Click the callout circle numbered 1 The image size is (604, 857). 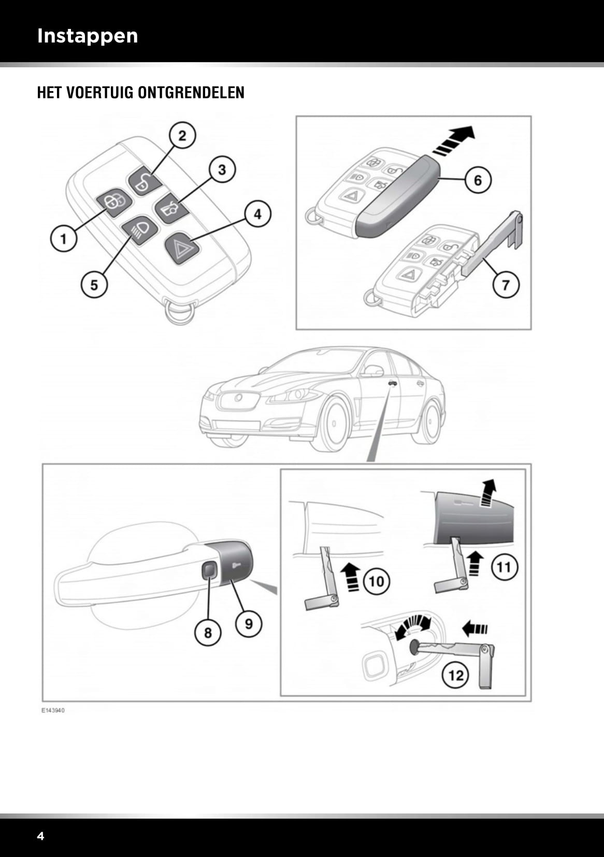click(x=63, y=238)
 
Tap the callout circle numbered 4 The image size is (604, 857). click(x=257, y=213)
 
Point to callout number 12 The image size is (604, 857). click(x=455, y=676)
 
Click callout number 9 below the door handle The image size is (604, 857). click(x=249, y=623)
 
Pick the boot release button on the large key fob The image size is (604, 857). click(x=169, y=208)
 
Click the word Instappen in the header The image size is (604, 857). click(x=88, y=36)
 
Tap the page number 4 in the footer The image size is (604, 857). click(x=40, y=836)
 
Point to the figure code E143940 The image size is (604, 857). click(x=53, y=710)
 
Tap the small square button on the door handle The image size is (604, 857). click(x=209, y=570)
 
